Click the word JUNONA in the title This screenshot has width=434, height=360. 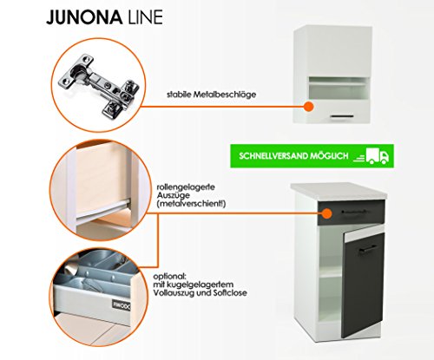click(x=84, y=17)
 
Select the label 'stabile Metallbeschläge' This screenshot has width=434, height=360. click(x=211, y=95)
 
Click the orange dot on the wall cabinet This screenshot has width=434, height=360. click(x=309, y=107)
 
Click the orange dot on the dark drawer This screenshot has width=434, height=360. click(x=326, y=213)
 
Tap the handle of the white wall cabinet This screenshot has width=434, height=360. click(x=342, y=116)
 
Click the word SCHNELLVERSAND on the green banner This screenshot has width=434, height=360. click(x=273, y=156)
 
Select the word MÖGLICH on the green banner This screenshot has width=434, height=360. click(x=329, y=156)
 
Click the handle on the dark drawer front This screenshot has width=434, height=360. click(x=356, y=212)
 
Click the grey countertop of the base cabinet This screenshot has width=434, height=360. click(x=339, y=191)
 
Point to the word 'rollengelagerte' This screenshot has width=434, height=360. click(x=186, y=187)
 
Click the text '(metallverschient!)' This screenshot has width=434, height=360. click(x=191, y=204)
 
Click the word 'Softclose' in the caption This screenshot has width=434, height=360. click(x=230, y=293)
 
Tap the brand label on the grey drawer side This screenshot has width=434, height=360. click(x=121, y=305)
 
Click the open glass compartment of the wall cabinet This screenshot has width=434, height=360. click(x=339, y=88)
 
